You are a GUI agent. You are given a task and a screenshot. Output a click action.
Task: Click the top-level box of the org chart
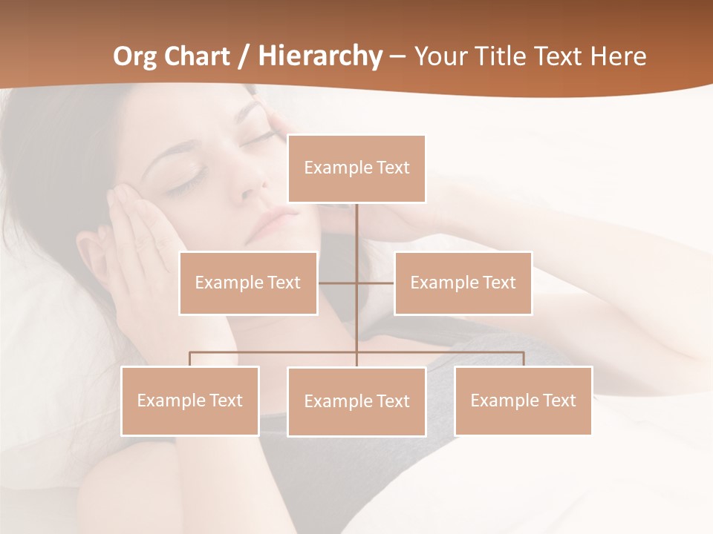point(356,168)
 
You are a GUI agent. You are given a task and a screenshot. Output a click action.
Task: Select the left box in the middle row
point(248,283)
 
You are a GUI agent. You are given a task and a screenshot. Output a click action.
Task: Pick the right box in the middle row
point(463,283)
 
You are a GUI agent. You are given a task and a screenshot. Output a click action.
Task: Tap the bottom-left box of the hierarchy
point(190,400)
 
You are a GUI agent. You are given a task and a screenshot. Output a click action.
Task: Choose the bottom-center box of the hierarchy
point(356,401)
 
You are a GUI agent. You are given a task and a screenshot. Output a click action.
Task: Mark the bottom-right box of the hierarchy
point(523,400)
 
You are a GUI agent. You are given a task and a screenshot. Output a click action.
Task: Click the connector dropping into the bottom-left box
point(190,359)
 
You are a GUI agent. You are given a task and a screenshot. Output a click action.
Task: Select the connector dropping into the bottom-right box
point(524,359)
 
